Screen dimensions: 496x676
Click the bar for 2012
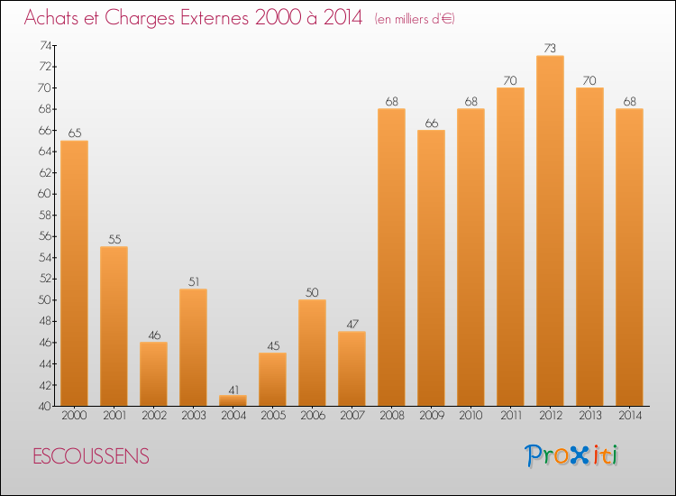550,231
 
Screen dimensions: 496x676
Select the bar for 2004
233,401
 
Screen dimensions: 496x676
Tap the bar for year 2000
74,273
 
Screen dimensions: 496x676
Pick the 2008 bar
391,257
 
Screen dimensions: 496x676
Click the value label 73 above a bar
550,48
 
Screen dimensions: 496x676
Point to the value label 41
233,390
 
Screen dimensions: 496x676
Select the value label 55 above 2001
114,239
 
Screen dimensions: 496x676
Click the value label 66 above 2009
431,123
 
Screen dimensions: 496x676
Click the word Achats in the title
54,19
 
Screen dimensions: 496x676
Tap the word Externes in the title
203,19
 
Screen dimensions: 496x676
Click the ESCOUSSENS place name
91,456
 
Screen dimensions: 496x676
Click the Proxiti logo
572,455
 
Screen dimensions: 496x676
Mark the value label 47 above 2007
352,324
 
